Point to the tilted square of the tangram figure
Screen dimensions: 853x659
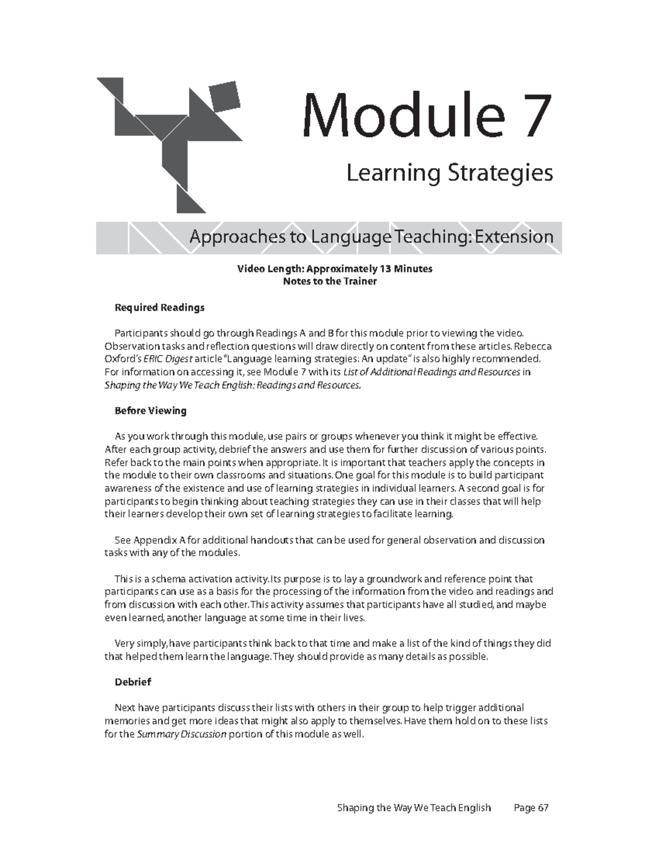tap(225, 97)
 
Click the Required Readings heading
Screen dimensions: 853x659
tap(159, 308)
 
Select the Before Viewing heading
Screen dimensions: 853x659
tap(150, 411)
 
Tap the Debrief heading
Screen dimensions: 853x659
tap(132, 682)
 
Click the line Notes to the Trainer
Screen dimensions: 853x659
tap(329, 282)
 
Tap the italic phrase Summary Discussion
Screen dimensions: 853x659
tap(181, 734)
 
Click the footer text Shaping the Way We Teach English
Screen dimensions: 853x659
tap(414, 808)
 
